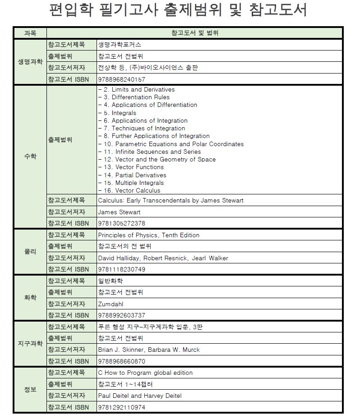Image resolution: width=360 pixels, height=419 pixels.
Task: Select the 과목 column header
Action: pyautogui.click(x=30, y=33)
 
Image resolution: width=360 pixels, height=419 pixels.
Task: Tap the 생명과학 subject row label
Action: pyautogui.click(x=30, y=62)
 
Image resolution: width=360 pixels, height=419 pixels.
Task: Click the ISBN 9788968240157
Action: pyautogui.click(x=121, y=79)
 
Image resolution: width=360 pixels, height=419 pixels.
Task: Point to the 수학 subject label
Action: pyautogui.click(x=30, y=157)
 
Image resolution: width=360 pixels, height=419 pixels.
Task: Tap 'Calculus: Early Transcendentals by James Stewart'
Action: pyautogui.click(x=171, y=200)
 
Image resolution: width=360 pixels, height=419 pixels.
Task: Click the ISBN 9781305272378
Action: pyautogui.click(x=121, y=223)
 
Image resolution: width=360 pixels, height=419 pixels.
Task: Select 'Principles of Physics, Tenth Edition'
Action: pyautogui.click(x=148, y=235)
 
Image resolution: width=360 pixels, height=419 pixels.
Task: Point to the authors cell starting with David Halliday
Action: pyautogui.click(x=163, y=258)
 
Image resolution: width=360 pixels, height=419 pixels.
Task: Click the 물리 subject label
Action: pyautogui.click(x=30, y=252)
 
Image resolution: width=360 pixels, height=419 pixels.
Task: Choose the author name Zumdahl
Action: pyautogui.click(x=111, y=304)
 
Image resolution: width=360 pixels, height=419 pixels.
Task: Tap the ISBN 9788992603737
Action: pyautogui.click(x=121, y=315)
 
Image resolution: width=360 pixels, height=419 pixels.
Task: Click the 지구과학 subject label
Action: pyautogui.click(x=30, y=344)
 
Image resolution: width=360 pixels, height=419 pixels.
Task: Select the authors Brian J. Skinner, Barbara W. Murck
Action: pyautogui.click(x=148, y=350)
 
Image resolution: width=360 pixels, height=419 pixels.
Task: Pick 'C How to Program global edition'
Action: pyautogui.click(x=145, y=373)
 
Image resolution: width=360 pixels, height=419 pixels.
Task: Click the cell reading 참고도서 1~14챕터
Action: pyautogui.click(x=125, y=384)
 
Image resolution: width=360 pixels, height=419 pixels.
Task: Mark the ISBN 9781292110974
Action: pyautogui.click(x=121, y=407)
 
